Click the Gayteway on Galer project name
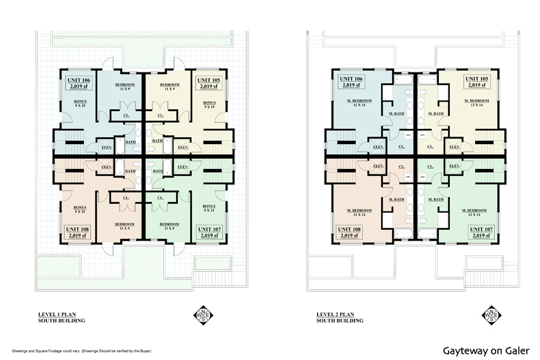(x=487, y=350)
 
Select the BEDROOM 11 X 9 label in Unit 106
(x=125, y=86)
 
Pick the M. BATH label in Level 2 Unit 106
(x=396, y=114)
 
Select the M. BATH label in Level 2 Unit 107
(x=436, y=200)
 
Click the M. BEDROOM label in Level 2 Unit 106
(x=359, y=102)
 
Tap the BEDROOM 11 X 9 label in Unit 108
(x=125, y=225)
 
